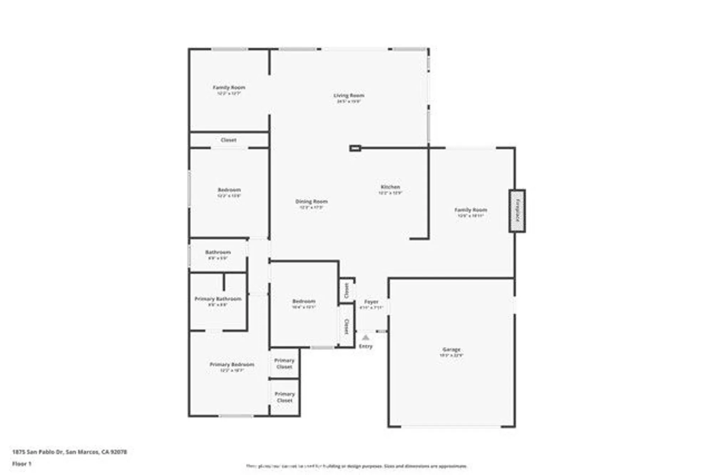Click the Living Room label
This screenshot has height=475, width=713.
[x=349, y=95]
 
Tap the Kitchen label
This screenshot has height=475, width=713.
[x=390, y=187]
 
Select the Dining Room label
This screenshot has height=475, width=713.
[x=311, y=202]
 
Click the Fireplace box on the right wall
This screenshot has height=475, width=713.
[x=517, y=211]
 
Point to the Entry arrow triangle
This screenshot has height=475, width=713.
[x=365, y=337]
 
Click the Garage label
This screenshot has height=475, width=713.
[x=451, y=349]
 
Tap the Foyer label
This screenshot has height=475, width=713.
[x=371, y=302]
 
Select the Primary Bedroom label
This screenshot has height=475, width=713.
[x=232, y=364]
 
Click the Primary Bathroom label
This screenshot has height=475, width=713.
[x=218, y=299]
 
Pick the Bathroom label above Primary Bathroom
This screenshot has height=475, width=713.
[x=218, y=252]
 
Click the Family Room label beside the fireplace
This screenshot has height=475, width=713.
[x=471, y=210]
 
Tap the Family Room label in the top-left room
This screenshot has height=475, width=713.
[x=229, y=87]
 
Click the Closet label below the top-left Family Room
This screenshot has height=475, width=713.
[x=229, y=140]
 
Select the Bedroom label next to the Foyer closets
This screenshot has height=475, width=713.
[x=304, y=301]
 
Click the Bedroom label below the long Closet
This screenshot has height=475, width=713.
[x=229, y=190]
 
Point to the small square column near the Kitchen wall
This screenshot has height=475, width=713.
[x=355, y=148]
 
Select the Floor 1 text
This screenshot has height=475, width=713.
[x=22, y=464]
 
